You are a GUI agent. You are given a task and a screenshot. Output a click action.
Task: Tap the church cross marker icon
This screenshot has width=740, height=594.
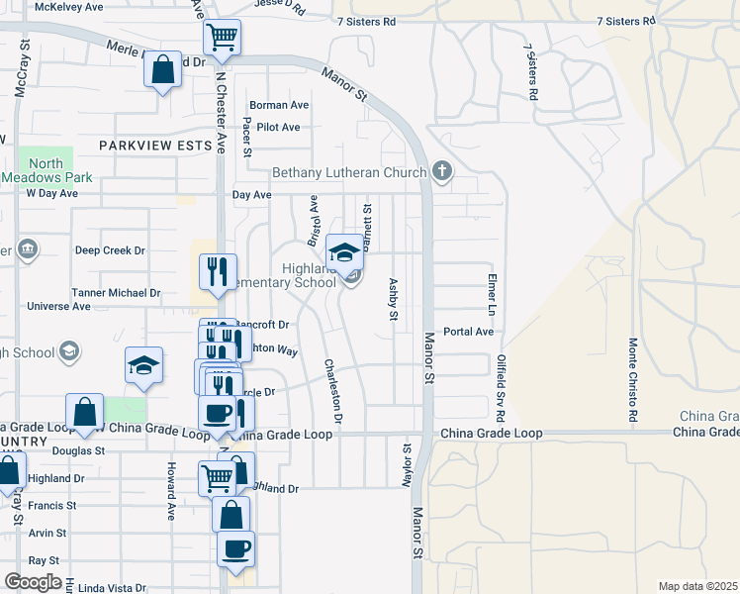442,173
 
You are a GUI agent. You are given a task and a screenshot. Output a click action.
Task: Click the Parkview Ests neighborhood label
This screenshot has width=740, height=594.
155,145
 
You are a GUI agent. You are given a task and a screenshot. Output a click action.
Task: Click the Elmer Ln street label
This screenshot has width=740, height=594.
490,296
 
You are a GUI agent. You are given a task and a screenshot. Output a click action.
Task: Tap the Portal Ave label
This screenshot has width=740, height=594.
468,332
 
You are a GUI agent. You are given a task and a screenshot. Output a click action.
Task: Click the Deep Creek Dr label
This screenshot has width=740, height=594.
110,250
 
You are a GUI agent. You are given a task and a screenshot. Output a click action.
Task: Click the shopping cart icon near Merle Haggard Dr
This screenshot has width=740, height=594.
222,38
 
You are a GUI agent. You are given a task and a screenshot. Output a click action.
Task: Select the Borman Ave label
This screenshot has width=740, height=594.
279,105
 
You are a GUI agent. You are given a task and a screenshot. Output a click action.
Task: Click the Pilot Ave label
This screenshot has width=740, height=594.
278,127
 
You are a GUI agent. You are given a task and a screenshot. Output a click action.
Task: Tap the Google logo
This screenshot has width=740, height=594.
33,582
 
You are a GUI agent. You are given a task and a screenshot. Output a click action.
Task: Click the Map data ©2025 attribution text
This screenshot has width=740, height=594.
697,586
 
